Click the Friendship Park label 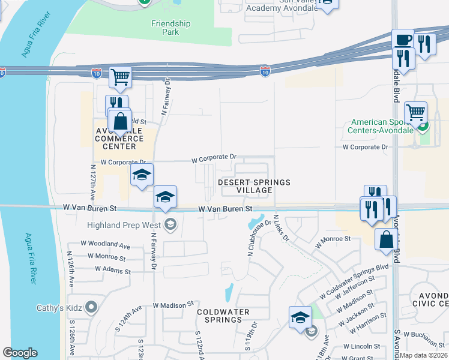coord(170,28)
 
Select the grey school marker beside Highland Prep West coord(170,224)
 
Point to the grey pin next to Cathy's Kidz coord(91,308)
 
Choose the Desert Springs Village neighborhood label coord(253,186)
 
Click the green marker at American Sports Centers coord(423,127)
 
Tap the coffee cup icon coord(403,40)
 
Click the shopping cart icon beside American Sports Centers coord(415,112)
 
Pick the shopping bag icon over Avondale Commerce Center coord(121,120)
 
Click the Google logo coord(20,353)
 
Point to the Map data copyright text coord(423,355)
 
